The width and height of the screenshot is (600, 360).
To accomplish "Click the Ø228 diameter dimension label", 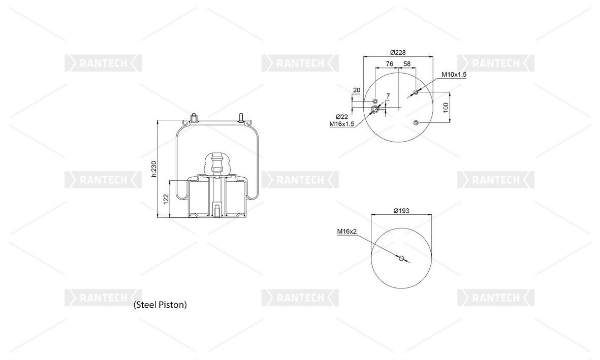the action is coord(398,52).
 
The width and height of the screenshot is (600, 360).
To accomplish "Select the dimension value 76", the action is coord(389,64).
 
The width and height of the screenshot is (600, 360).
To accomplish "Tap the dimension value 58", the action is coord(407,64).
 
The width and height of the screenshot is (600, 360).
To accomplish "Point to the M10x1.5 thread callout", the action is coord(454,75).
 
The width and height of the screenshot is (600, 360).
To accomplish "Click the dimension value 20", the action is coord(357,90).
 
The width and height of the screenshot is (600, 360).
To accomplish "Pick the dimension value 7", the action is coord(388,96).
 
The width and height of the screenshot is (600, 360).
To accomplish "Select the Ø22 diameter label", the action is coord(342,117).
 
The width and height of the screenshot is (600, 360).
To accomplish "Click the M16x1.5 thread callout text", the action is coord(342,124).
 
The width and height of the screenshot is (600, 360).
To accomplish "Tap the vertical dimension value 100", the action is coord(446,108).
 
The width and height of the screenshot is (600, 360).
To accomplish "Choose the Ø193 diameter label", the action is coord(401,211).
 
